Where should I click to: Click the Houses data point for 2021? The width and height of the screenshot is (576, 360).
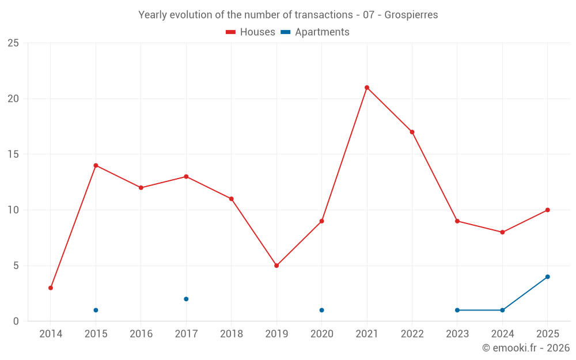click(x=367, y=88)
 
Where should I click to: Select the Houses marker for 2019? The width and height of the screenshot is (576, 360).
click(x=276, y=266)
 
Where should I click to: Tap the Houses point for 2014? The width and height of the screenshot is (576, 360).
click(x=51, y=288)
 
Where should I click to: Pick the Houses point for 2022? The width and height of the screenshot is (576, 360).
click(x=412, y=132)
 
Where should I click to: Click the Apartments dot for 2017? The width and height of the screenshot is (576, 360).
click(x=186, y=299)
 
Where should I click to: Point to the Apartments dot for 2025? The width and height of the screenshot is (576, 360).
click(x=548, y=276)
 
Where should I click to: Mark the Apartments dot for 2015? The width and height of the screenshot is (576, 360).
click(x=96, y=310)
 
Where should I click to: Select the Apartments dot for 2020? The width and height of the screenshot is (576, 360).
click(x=322, y=310)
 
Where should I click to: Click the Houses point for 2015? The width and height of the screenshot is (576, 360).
click(x=96, y=165)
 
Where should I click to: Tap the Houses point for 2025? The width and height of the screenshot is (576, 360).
click(x=548, y=210)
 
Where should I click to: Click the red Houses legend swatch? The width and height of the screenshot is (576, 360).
click(x=231, y=32)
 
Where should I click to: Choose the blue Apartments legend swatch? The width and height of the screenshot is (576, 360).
click(x=286, y=32)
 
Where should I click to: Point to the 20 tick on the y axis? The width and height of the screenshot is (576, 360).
click(x=13, y=99)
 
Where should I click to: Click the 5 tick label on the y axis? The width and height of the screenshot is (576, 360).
click(x=16, y=266)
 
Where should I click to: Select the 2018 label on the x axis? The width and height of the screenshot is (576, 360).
click(x=232, y=334)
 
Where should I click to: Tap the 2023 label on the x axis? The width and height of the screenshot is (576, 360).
click(x=457, y=334)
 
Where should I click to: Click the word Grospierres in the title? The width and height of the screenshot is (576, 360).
click(x=411, y=15)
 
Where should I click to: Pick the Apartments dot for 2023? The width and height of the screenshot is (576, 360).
click(x=457, y=310)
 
